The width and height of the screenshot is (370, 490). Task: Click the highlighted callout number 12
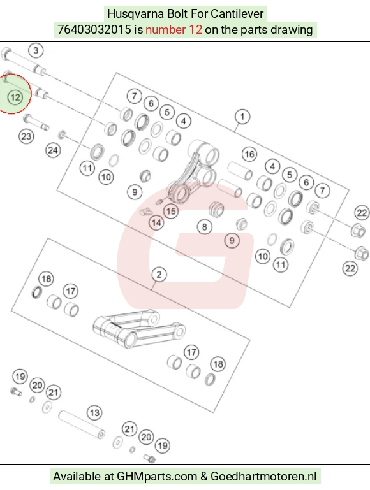tap(15, 97)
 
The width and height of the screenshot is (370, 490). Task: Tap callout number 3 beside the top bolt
tap(36, 50)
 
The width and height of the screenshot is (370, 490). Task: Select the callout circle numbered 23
tap(26, 136)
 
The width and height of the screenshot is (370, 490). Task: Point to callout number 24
tap(53, 150)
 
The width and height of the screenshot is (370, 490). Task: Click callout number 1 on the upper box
tap(242, 117)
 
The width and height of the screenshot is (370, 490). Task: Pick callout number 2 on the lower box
tap(159, 275)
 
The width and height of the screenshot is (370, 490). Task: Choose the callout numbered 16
tap(249, 154)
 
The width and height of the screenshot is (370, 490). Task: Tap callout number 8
tap(205, 227)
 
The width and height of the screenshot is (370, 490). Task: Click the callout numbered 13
tap(94, 413)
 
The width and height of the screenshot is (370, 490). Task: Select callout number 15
tap(171, 211)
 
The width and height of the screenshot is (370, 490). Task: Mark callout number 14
tap(156, 223)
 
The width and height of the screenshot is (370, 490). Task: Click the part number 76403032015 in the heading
tap(94, 30)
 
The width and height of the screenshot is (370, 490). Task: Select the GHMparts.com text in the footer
tap(157, 477)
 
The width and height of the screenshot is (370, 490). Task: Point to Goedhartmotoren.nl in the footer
tap(263, 477)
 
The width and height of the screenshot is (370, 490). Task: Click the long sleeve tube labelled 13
tap(82, 424)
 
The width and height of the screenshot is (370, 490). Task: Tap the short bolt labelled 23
tap(36, 122)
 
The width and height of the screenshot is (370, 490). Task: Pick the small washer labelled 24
tap(62, 134)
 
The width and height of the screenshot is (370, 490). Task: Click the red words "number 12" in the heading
tap(174, 30)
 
